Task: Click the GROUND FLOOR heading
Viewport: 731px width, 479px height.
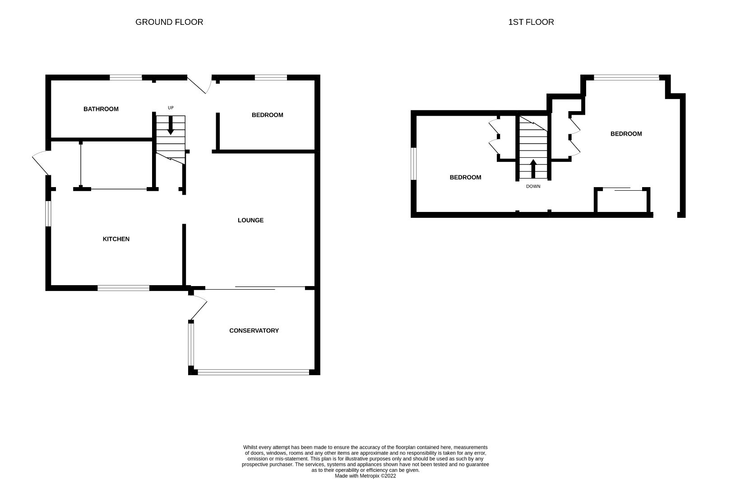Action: pos(169,22)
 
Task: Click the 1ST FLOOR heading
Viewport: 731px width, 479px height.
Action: pos(531,22)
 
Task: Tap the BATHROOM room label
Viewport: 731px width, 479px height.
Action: pos(101,109)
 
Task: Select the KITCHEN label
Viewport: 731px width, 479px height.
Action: pos(116,239)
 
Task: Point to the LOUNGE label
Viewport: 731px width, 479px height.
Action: pos(250,220)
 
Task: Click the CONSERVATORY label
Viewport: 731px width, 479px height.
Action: pos(254,330)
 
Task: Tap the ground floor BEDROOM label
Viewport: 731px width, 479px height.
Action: pos(267,115)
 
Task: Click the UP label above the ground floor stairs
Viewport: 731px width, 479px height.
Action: pos(171,108)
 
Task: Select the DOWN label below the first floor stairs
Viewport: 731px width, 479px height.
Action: pos(533,186)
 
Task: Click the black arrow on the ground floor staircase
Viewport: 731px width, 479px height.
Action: pos(171,125)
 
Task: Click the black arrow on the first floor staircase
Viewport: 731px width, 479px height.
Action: pos(533,169)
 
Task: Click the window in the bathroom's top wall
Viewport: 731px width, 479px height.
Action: pos(126,78)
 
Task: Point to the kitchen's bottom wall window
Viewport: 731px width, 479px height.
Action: pos(124,288)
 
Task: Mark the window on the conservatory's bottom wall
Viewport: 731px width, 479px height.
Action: pos(253,372)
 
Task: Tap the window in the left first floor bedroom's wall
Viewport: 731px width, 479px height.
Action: pos(413,163)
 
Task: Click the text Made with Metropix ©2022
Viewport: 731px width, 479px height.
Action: pos(365,475)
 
